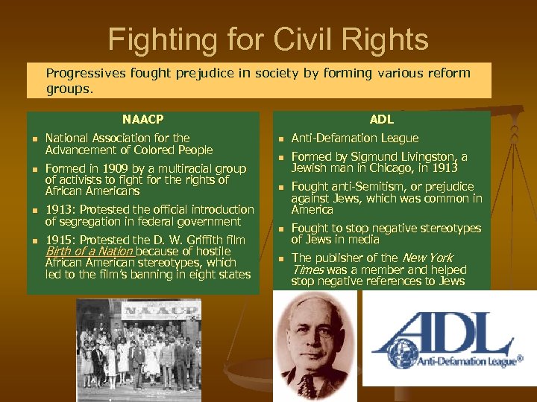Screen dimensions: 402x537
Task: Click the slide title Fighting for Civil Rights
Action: tap(268, 39)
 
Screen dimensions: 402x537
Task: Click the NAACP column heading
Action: tap(142, 119)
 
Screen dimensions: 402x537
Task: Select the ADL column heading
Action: tap(381, 119)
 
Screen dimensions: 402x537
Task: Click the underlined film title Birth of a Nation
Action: tap(89, 252)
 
